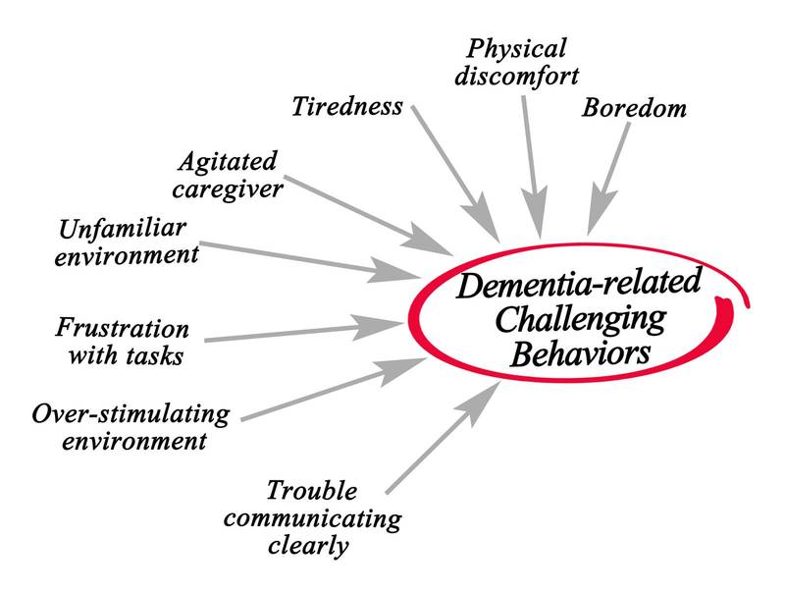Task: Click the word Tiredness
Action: click(347, 106)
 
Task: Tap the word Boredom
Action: click(633, 107)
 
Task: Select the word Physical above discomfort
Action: click(515, 48)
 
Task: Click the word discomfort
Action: click(523, 76)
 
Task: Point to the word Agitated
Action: click(229, 160)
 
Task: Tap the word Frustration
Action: click(123, 327)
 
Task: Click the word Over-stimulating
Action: click(131, 413)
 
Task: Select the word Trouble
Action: click(312, 490)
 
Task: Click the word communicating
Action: click(334, 517)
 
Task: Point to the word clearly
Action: click(307, 545)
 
